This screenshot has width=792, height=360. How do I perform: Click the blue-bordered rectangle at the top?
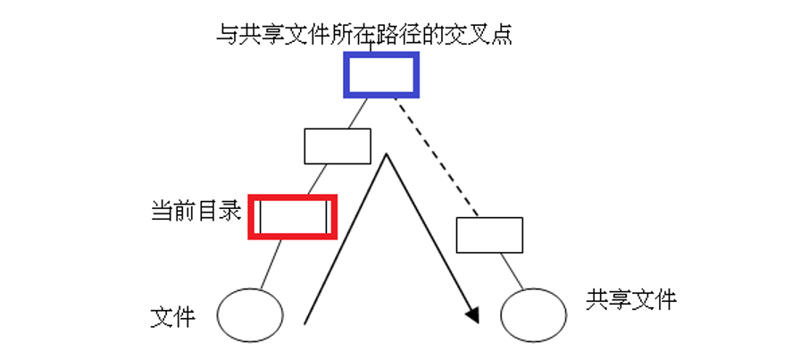pos(381,74)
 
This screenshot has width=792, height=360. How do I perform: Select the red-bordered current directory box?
pos(293,216)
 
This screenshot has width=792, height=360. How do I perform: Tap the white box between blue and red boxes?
pos(338,147)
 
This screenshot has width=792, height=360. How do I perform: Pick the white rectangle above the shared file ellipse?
pos(489,234)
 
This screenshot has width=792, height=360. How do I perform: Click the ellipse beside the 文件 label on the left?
pos(250,314)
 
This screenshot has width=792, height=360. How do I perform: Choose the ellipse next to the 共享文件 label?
pos(533,314)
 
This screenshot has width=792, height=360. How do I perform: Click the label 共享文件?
pos(631,299)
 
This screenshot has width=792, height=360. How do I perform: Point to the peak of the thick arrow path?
pos(386,156)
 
